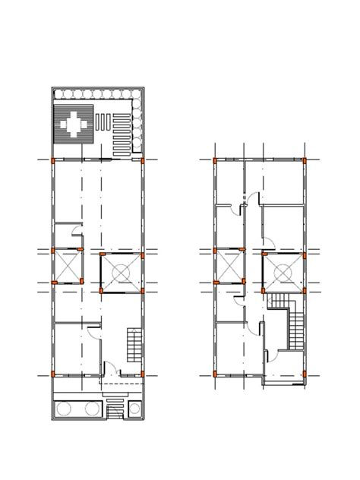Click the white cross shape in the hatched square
(x=74, y=122)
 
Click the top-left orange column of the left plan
(x=52, y=160)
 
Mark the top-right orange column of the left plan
(x=143, y=160)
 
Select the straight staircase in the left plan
(x=134, y=344)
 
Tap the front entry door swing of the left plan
(x=109, y=370)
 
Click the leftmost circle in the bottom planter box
(x=64, y=409)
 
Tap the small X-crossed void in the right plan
(x=229, y=267)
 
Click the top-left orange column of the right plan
(x=215, y=160)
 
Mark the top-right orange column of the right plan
(x=304, y=160)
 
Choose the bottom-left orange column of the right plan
(x=215, y=374)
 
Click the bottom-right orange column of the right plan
(x=304, y=374)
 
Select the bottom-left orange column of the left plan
(x=52, y=374)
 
